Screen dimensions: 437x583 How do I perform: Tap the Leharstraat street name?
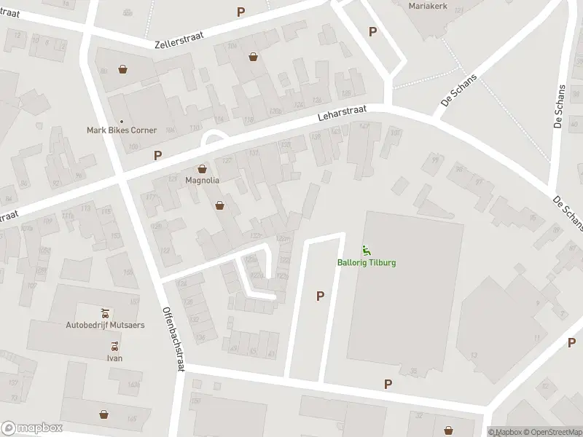point(341,114)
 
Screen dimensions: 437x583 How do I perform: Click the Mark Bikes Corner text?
point(121,130)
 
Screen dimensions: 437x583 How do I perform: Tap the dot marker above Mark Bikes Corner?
point(121,121)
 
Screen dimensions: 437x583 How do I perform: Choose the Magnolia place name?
point(202,180)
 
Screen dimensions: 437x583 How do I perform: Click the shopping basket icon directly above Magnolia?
point(202,169)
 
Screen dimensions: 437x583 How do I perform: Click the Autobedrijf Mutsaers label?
point(107,324)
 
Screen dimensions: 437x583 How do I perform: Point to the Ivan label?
point(114,358)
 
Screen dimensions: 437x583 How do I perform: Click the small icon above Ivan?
point(114,347)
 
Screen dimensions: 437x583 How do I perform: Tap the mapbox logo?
point(32,428)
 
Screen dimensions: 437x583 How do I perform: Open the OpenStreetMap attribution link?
point(550,432)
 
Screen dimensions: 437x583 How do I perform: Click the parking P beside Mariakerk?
point(372,31)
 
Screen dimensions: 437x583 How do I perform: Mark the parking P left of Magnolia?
point(157,155)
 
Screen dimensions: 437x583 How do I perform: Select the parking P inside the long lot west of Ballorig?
point(319,296)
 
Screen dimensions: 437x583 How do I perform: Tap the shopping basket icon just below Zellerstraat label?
point(253,56)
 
